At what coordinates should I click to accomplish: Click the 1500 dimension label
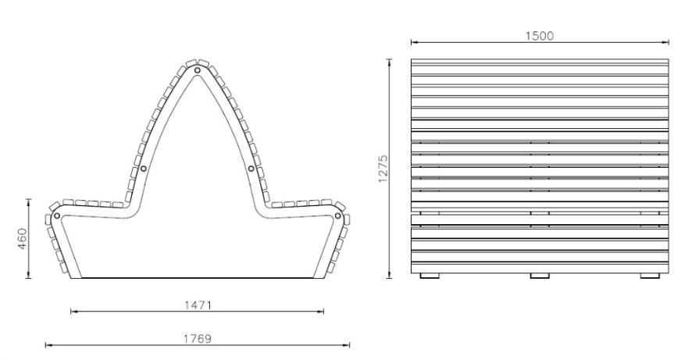[540, 36]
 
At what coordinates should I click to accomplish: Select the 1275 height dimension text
[383, 168]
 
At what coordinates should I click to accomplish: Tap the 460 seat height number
[23, 238]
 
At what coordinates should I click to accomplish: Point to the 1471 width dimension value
[198, 305]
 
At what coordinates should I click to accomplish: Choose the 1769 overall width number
[197, 339]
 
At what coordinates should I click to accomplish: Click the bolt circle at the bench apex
[198, 70]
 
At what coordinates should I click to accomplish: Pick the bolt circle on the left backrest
[144, 169]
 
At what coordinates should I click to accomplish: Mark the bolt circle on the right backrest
[251, 169]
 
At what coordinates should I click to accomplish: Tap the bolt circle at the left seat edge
[57, 216]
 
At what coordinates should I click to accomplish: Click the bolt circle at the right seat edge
[337, 216]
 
